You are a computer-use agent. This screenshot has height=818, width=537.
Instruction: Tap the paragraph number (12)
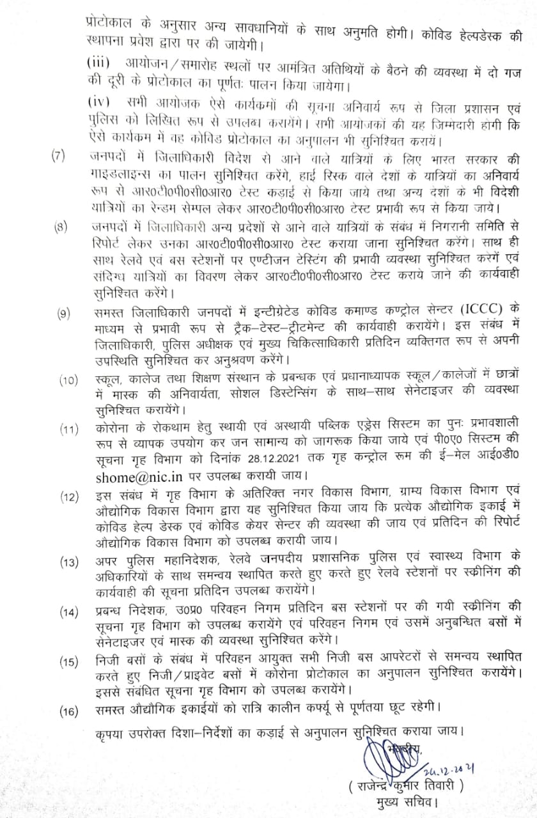pyautogui.click(x=68, y=496)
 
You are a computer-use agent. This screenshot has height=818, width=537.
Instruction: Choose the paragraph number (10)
pyautogui.click(x=68, y=381)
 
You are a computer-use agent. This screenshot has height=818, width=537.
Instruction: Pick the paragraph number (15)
pyautogui.click(x=68, y=661)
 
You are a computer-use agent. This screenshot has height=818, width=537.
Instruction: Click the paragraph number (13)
pyautogui.click(x=68, y=562)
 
